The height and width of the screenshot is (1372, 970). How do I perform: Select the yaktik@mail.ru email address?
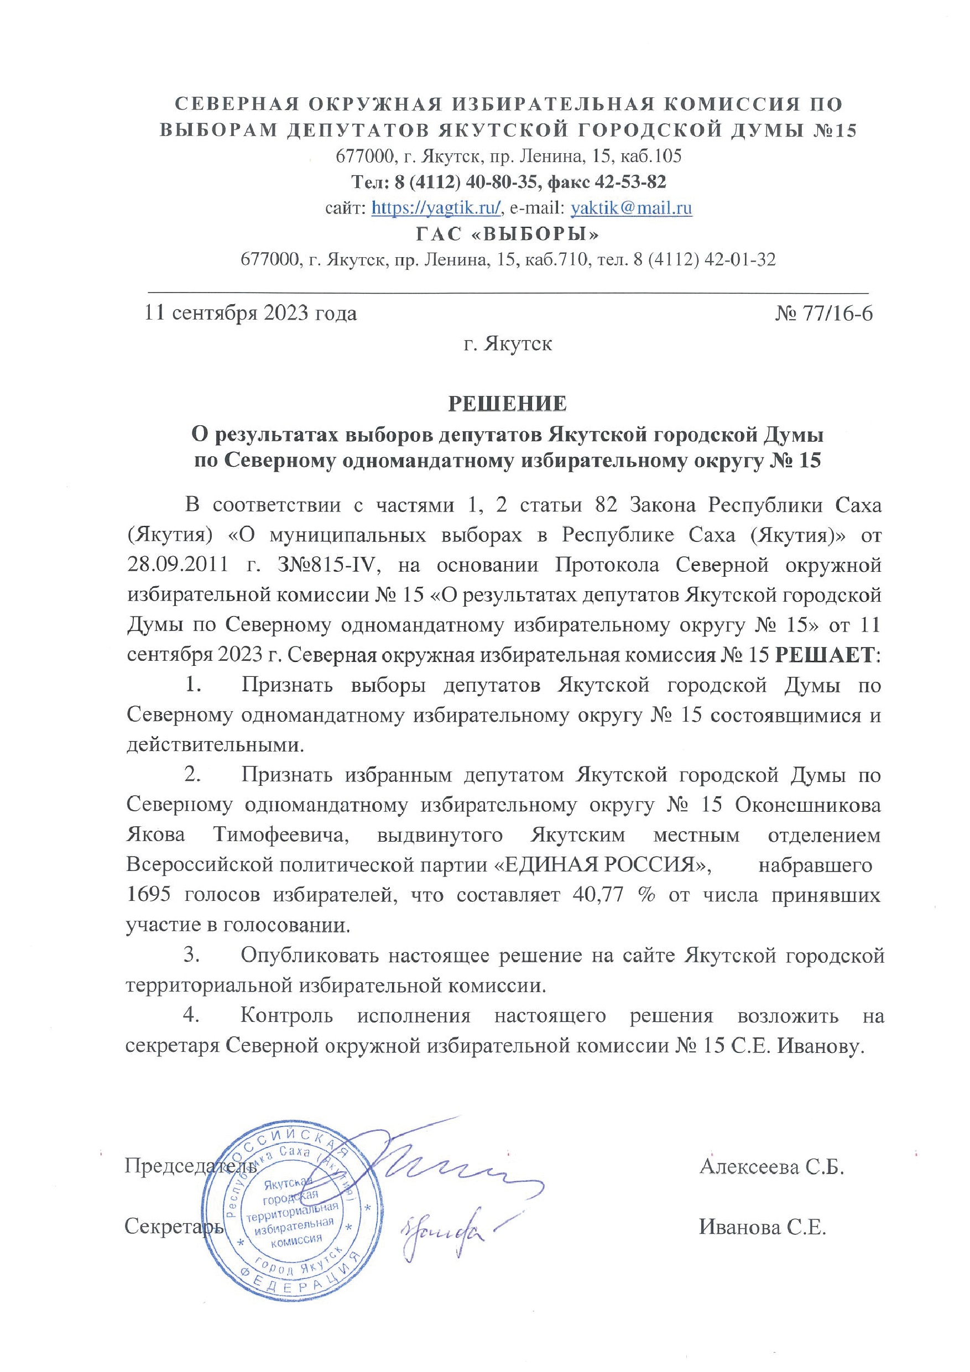point(632,208)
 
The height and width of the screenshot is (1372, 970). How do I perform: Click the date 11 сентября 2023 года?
point(251,313)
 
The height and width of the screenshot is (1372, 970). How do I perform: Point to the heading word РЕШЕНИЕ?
point(508,404)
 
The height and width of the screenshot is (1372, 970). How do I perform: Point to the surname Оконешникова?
point(807,805)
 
